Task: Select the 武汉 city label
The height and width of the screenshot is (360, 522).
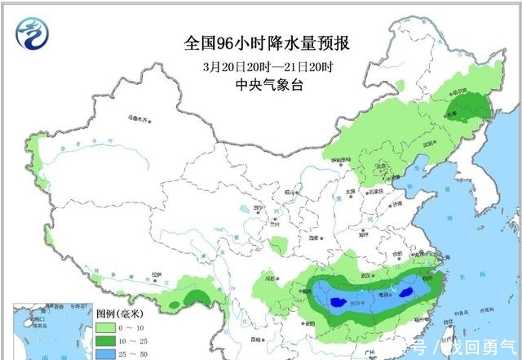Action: tap(354, 274)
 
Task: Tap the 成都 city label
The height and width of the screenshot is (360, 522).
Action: tap(268, 278)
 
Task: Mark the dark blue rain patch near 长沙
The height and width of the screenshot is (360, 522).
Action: tap(335, 304)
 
